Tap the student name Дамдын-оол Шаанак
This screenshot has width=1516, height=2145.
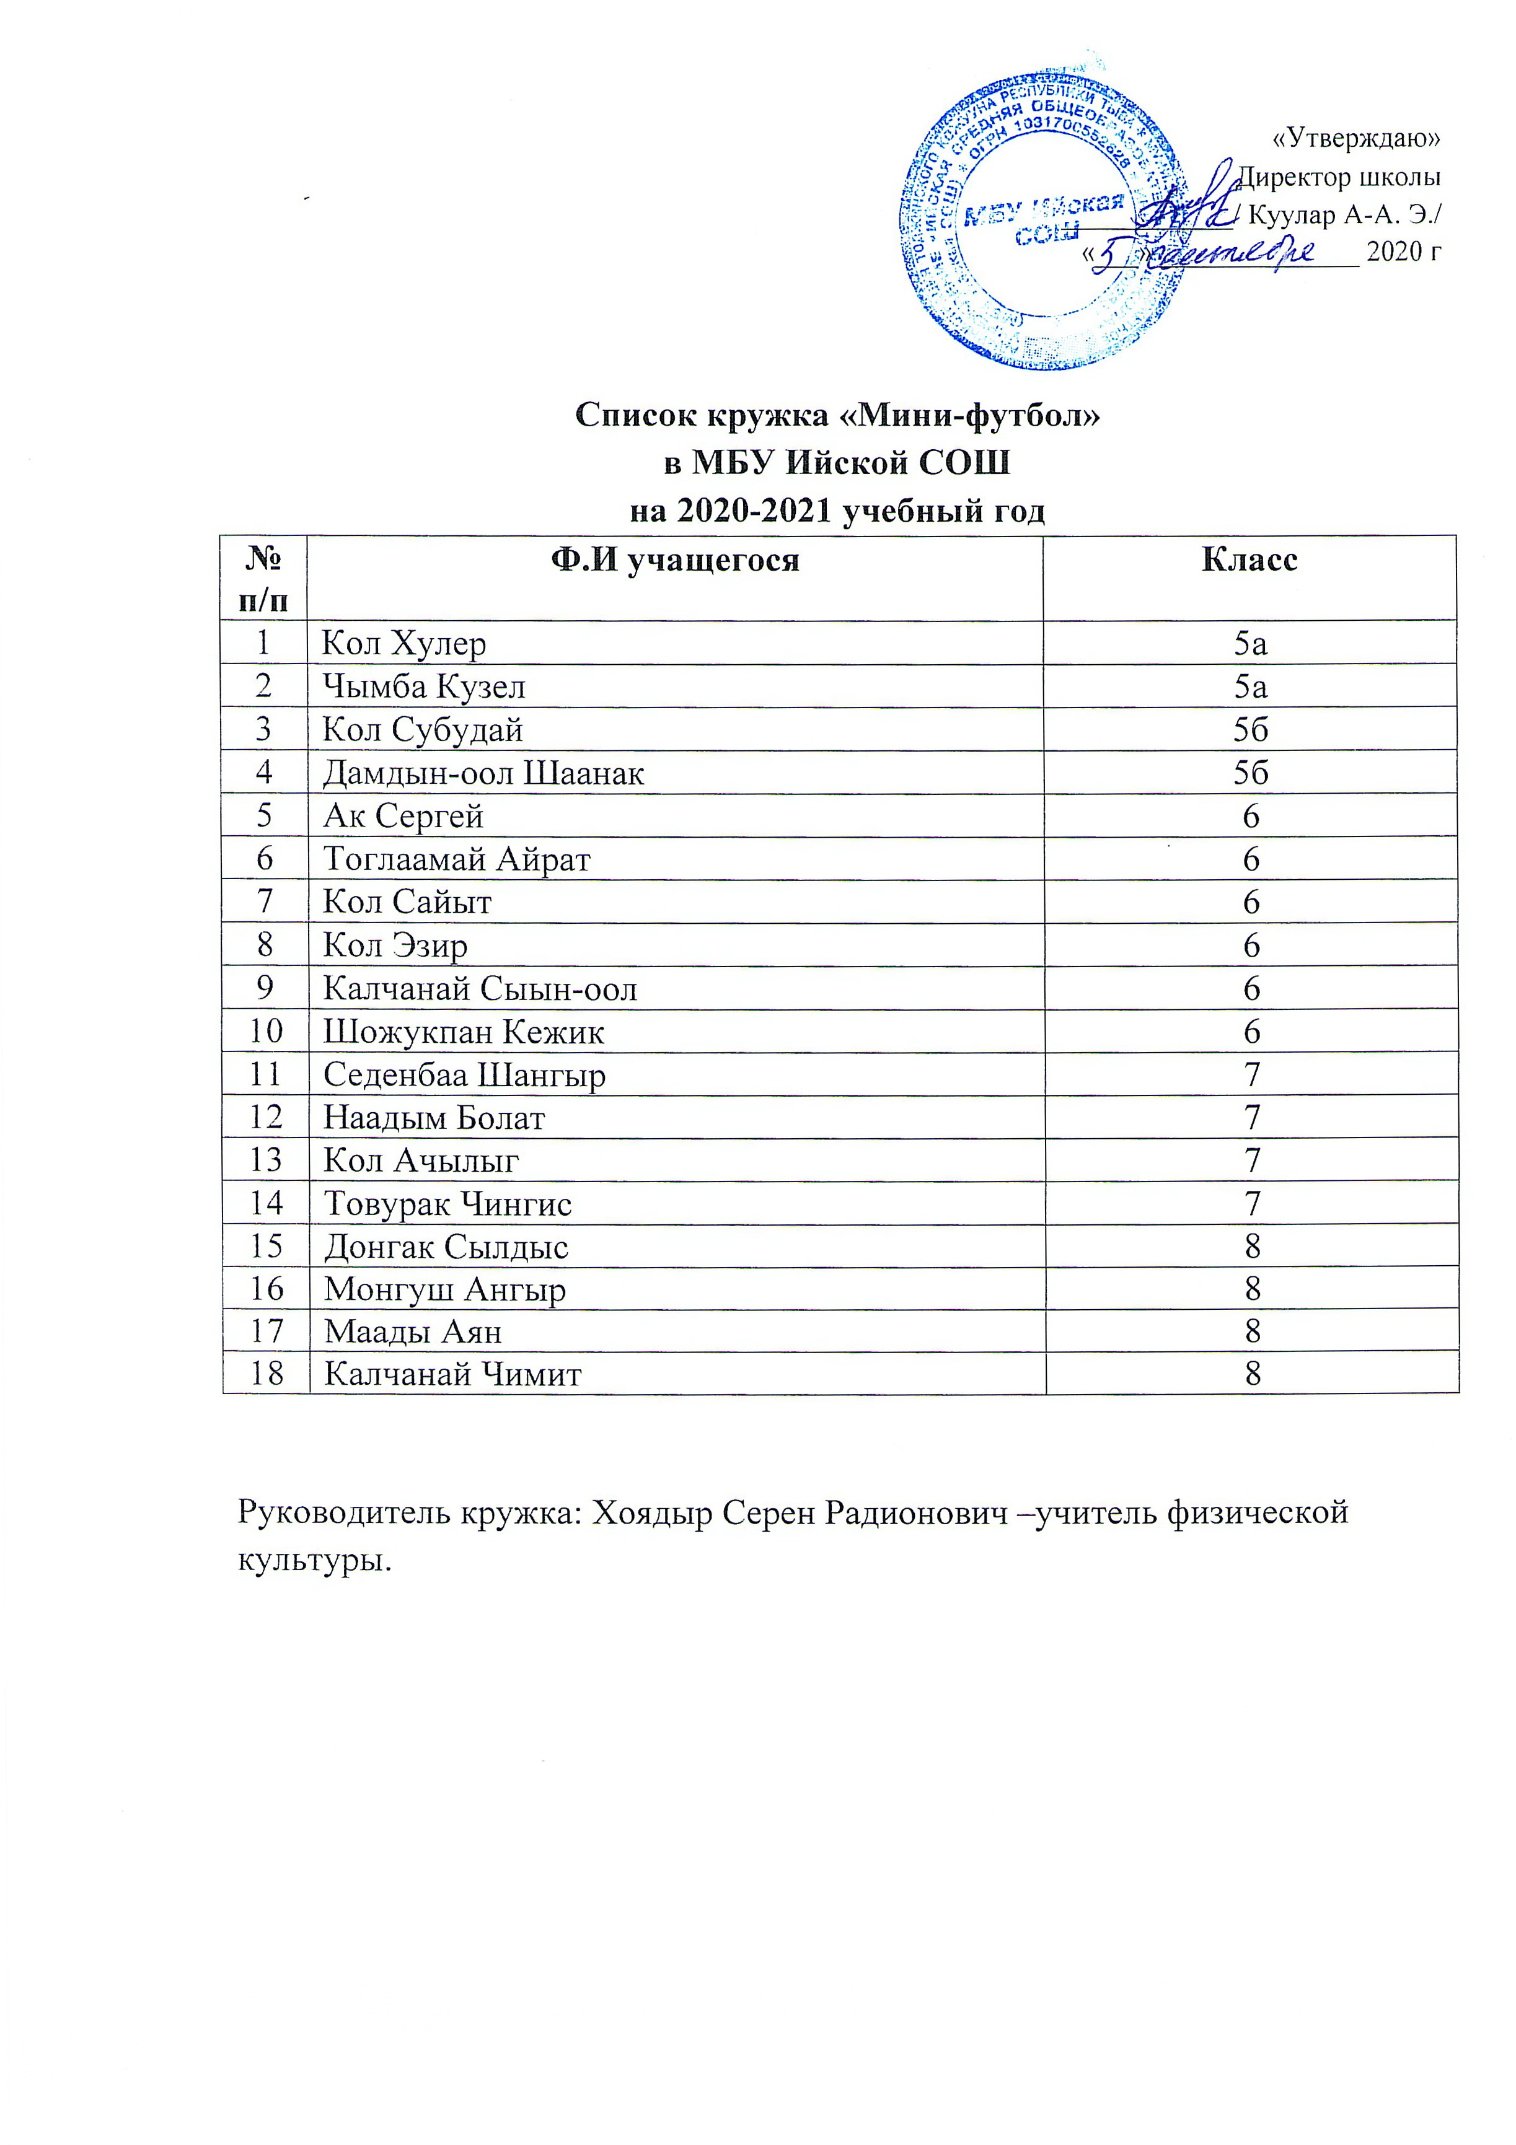[x=483, y=773]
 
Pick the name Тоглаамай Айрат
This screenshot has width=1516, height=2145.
[x=456, y=859]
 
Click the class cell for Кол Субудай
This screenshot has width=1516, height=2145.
[x=1251, y=730]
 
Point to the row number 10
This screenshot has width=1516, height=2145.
[x=265, y=1032]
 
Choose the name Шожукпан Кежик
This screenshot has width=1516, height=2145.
[x=464, y=1032]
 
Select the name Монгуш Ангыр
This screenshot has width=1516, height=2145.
[x=445, y=1290]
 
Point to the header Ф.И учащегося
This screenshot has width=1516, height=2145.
[x=675, y=561]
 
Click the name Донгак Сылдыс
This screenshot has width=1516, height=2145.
[x=446, y=1247]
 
